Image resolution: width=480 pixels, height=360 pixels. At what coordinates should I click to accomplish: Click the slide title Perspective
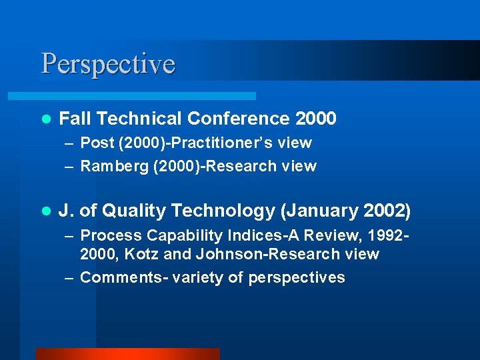coord(108,64)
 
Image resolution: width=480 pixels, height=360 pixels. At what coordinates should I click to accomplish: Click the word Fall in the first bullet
coord(75,119)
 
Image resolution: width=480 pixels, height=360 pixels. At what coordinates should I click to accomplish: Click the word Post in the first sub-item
coord(97,143)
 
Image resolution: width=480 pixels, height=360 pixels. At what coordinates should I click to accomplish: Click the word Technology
coord(223,211)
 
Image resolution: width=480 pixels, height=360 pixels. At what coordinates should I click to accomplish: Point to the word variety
coord(198,277)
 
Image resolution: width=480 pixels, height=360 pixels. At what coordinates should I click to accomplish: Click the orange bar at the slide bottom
coord(127,354)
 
